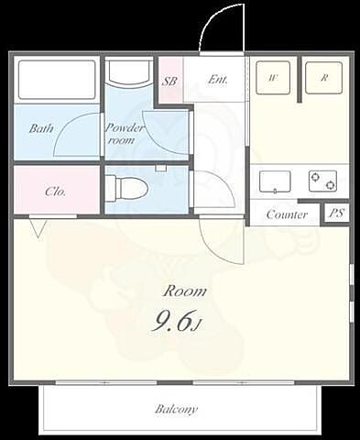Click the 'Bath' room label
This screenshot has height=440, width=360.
tap(41, 128)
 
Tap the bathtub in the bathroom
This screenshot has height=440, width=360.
tap(57, 80)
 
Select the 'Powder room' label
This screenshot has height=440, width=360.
tap(124, 134)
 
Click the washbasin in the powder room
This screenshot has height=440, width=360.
tap(130, 72)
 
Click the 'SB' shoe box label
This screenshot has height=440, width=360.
tap(169, 82)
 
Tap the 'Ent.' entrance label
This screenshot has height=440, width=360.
tap(218, 80)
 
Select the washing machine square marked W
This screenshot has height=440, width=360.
tap(273, 78)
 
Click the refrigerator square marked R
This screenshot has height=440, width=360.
tap(323, 78)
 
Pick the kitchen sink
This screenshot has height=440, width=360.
tap(275, 181)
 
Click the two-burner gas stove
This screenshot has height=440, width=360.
tap(322, 181)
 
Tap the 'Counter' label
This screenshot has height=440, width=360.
tap(287, 214)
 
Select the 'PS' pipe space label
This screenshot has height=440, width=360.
tap(336, 214)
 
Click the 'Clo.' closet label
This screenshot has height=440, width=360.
tap(55, 192)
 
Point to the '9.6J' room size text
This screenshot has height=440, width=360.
tap(177, 323)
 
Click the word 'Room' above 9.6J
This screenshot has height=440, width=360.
tap(185, 291)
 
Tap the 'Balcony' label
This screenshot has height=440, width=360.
tap(176, 409)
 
